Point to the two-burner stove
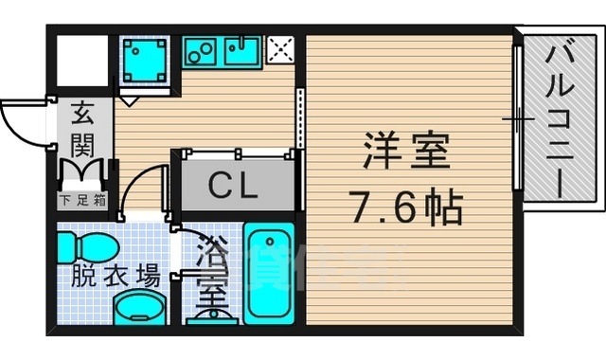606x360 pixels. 201,53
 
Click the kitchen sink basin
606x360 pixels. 242,52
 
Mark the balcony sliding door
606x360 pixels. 517,118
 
